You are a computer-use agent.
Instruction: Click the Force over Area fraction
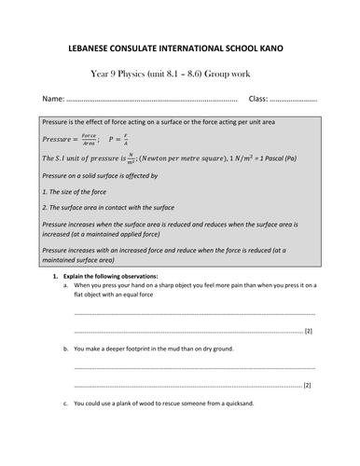click(x=88, y=139)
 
